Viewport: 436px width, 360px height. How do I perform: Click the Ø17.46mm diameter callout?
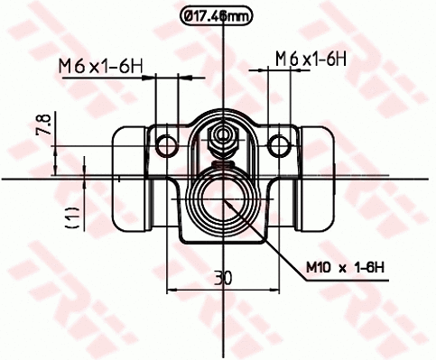[x=217, y=14]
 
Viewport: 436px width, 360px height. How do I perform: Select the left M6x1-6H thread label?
[x=100, y=64]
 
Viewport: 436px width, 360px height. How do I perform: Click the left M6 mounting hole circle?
[x=165, y=144]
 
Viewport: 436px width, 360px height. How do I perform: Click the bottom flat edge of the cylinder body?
[x=222, y=243]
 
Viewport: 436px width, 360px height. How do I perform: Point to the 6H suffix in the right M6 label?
[x=336, y=59]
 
